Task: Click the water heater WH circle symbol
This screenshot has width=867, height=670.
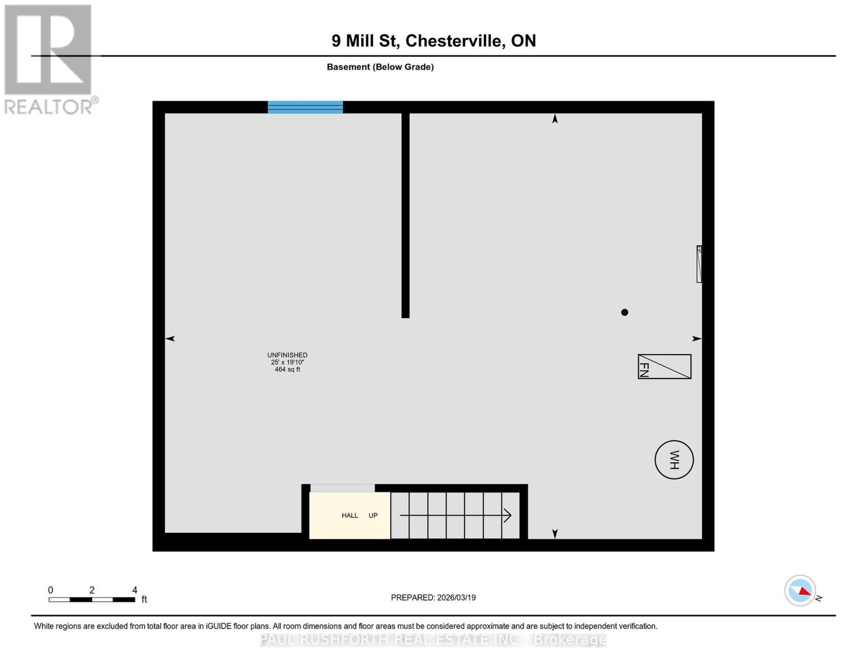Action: pos(674,460)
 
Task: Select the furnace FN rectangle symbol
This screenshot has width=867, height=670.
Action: pos(664,367)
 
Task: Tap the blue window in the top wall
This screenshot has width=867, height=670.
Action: pos(305,107)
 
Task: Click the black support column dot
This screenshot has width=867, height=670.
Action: pos(625,312)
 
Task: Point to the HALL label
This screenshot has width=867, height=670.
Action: pos(350,515)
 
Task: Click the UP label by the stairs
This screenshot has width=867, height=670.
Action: pos(373,515)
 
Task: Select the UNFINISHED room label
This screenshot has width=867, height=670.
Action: pos(287,355)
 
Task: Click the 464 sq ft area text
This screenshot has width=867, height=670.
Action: pos(287,370)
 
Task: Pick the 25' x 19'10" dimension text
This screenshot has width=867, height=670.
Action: pos(287,362)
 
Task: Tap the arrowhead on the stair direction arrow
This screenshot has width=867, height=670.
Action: pos(507,515)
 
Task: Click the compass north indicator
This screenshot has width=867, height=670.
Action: pos(801,590)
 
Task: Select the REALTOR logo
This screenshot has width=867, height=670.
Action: pos(49,59)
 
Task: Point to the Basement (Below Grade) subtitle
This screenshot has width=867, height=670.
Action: pos(380,67)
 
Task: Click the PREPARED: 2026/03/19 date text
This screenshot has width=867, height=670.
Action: pos(433,597)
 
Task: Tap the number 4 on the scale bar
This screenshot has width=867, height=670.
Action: pos(135,590)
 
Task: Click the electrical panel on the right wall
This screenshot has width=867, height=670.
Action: pos(699,264)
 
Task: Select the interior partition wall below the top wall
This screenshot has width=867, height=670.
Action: pos(405,215)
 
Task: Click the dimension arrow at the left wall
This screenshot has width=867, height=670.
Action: pos(170,338)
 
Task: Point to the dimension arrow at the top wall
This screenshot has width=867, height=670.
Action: pos(554,118)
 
